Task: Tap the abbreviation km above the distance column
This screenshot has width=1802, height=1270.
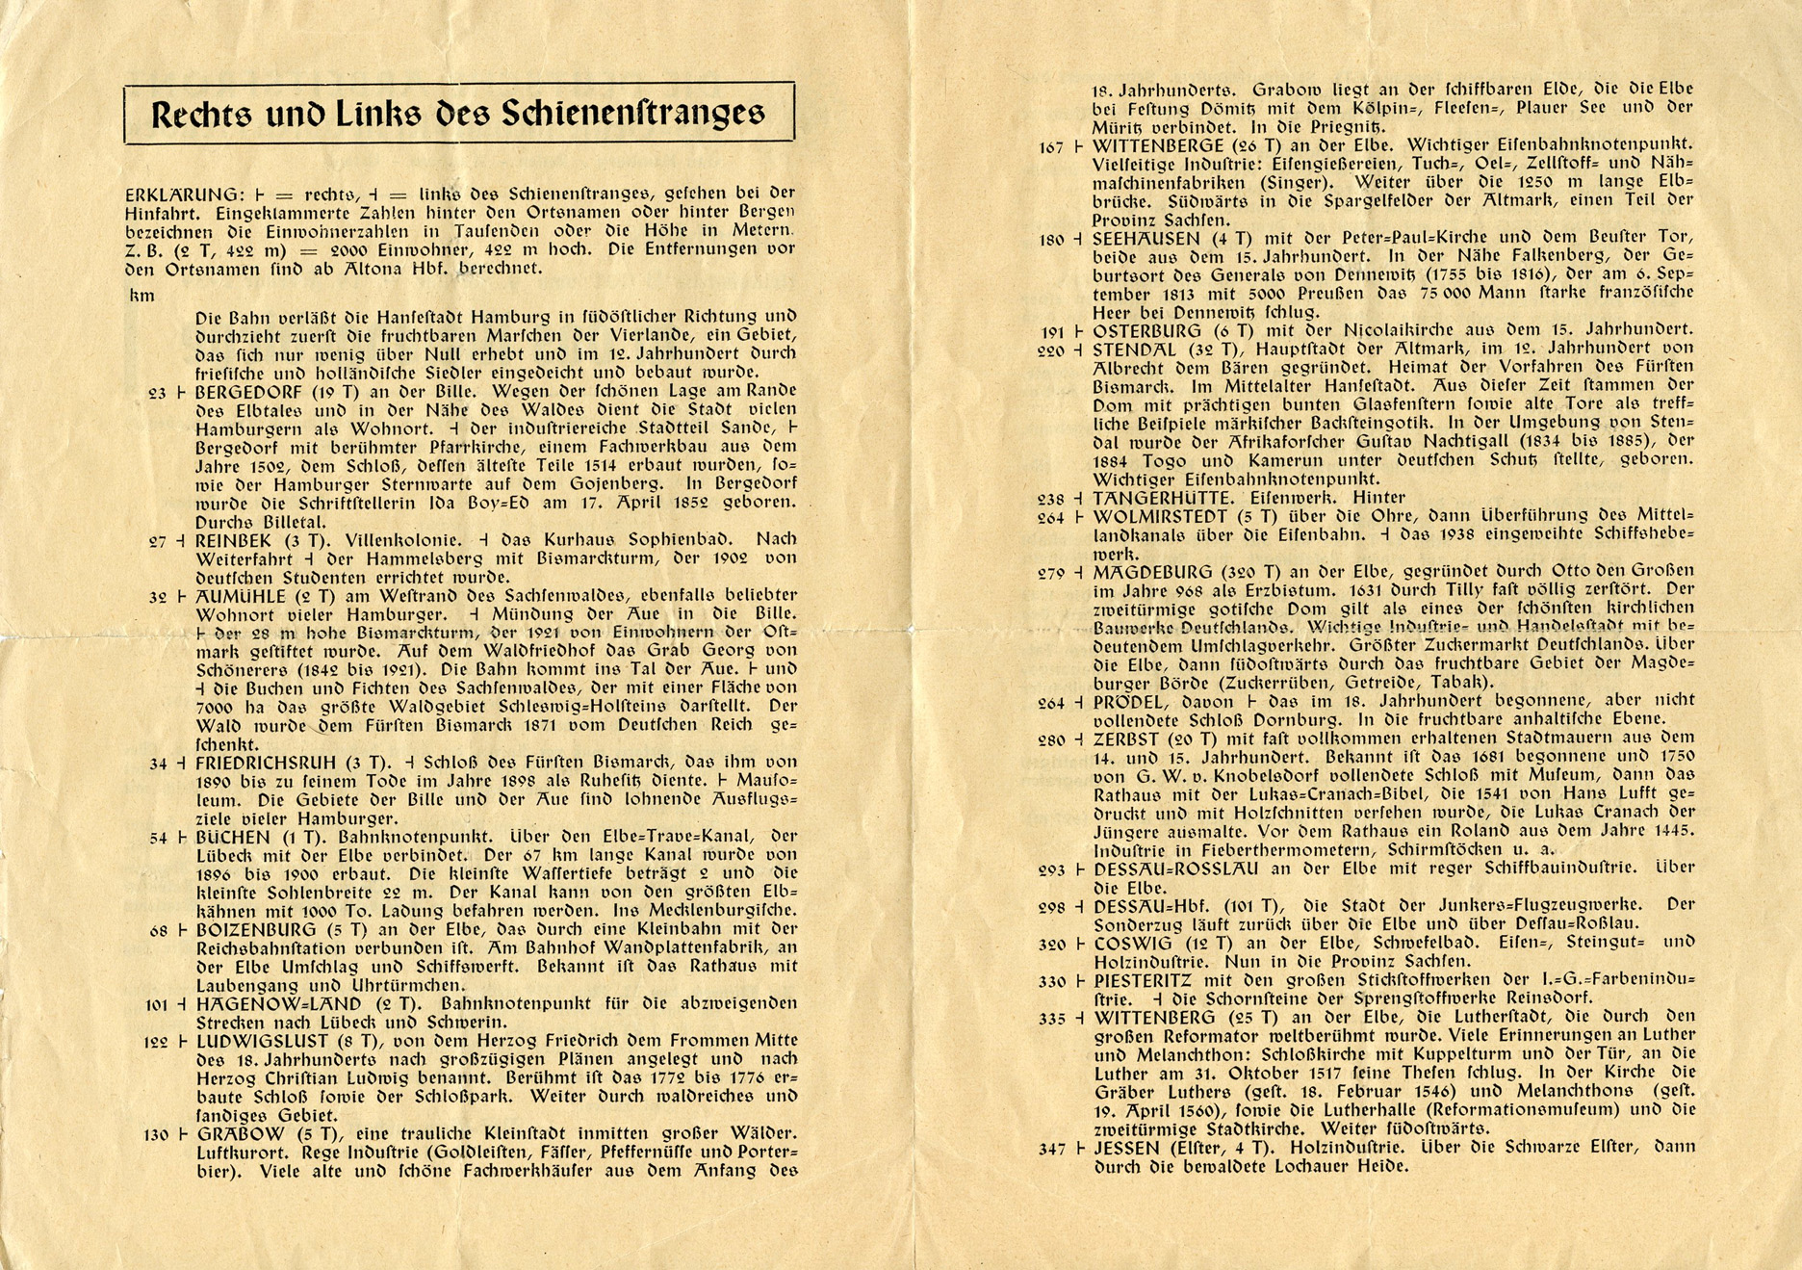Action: coord(142,296)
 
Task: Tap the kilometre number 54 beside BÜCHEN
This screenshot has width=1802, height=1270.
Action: coord(159,839)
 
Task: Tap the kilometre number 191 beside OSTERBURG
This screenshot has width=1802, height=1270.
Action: coord(1053,332)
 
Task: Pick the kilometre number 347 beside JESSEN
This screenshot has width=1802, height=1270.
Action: coord(1052,1149)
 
